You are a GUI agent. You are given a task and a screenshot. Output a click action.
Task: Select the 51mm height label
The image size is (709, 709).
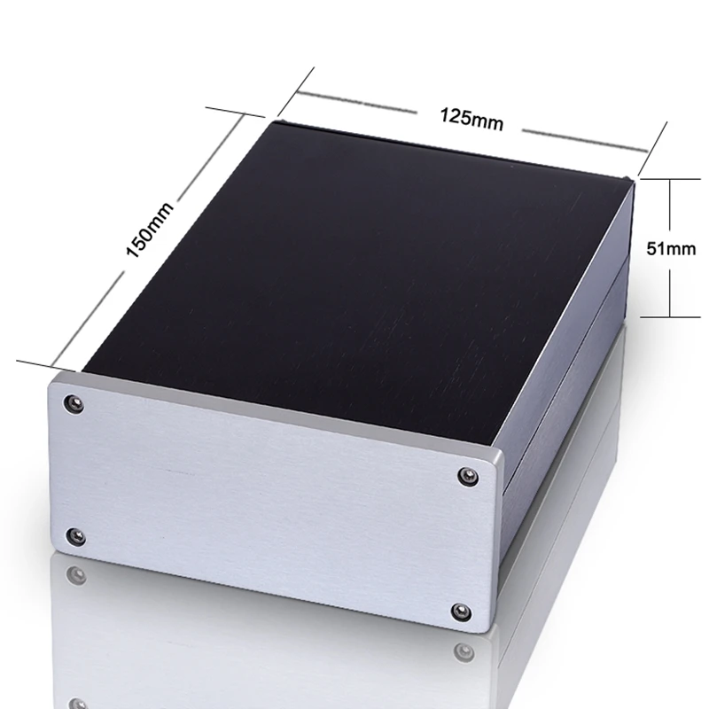point(671,248)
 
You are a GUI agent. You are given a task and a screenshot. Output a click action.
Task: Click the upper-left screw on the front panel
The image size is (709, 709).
point(74,405)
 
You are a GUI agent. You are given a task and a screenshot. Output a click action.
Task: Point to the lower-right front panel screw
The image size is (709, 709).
point(461,611)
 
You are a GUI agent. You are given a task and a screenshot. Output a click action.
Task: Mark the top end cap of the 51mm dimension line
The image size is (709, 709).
point(670,178)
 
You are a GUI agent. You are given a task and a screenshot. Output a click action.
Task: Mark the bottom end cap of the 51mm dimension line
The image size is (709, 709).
point(670,316)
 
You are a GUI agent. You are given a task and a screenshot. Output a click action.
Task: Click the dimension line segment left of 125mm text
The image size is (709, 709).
point(354,100)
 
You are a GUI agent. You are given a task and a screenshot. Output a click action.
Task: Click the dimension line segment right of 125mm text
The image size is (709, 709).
point(585,142)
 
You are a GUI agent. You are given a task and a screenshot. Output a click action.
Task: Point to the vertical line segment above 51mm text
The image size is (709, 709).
point(670,208)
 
